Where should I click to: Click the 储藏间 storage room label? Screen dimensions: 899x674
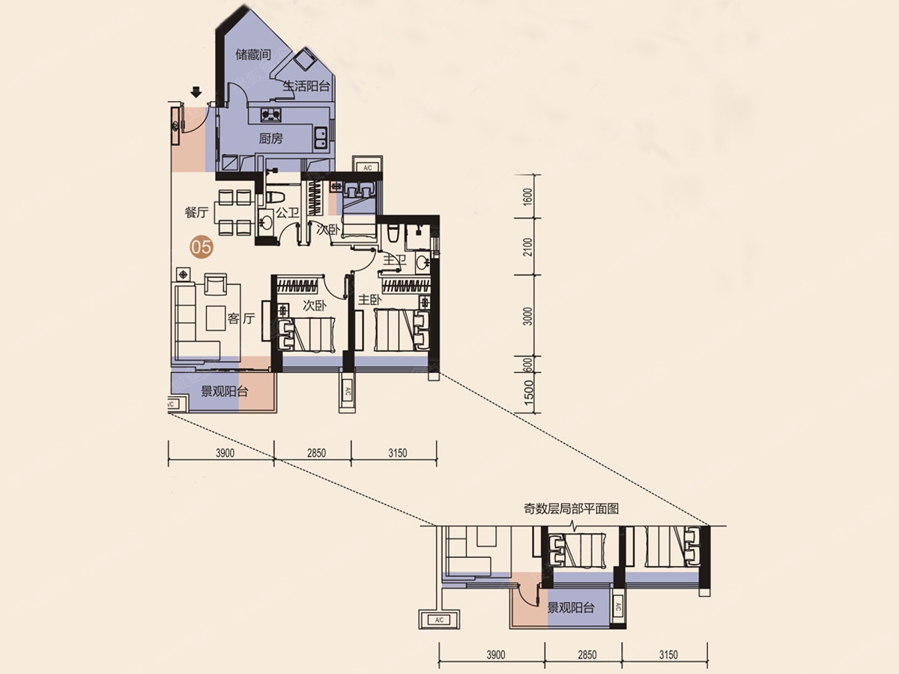pyautogui.click(x=253, y=55)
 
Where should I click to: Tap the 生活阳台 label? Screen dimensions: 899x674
pyautogui.click(x=306, y=86)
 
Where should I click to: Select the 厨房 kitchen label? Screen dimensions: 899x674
pyautogui.click(x=270, y=139)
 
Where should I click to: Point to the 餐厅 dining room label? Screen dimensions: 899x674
pyautogui.click(x=196, y=213)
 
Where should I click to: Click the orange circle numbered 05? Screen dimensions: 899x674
pyautogui.click(x=202, y=247)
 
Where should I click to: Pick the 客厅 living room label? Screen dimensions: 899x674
pyautogui.click(x=241, y=318)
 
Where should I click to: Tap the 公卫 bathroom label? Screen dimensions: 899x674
pyautogui.click(x=287, y=213)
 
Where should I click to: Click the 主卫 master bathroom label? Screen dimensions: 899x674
pyautogui.click(x=394, y=260)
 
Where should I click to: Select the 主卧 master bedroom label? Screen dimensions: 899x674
pyautogui.click(x=369, y=300)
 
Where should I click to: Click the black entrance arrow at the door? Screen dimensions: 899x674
pyautogui.click(x=196, y=91)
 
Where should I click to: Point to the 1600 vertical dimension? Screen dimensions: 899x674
pyautogui.click(x=528, y=197)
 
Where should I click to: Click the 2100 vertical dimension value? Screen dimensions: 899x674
pyautogui.click(x=528, y=247)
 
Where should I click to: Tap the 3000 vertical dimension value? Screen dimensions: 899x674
pyautogui.click(x=528, y=316)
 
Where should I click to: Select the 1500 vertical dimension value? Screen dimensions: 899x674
pyautogui.click(x=528, y=395)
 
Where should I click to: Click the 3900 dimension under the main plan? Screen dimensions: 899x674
pyautogui.click(x=225, y=453)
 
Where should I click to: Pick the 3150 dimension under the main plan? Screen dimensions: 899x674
pyautogui.click(x=398, y=453)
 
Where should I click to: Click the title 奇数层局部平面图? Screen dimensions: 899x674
pyautogui.click(x=571, y=508)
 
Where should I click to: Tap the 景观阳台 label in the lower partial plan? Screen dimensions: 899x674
pyautogui.click(x=571, y=608)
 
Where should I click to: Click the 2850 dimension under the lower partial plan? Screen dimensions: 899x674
pyautogui.click(x=587, y=655)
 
